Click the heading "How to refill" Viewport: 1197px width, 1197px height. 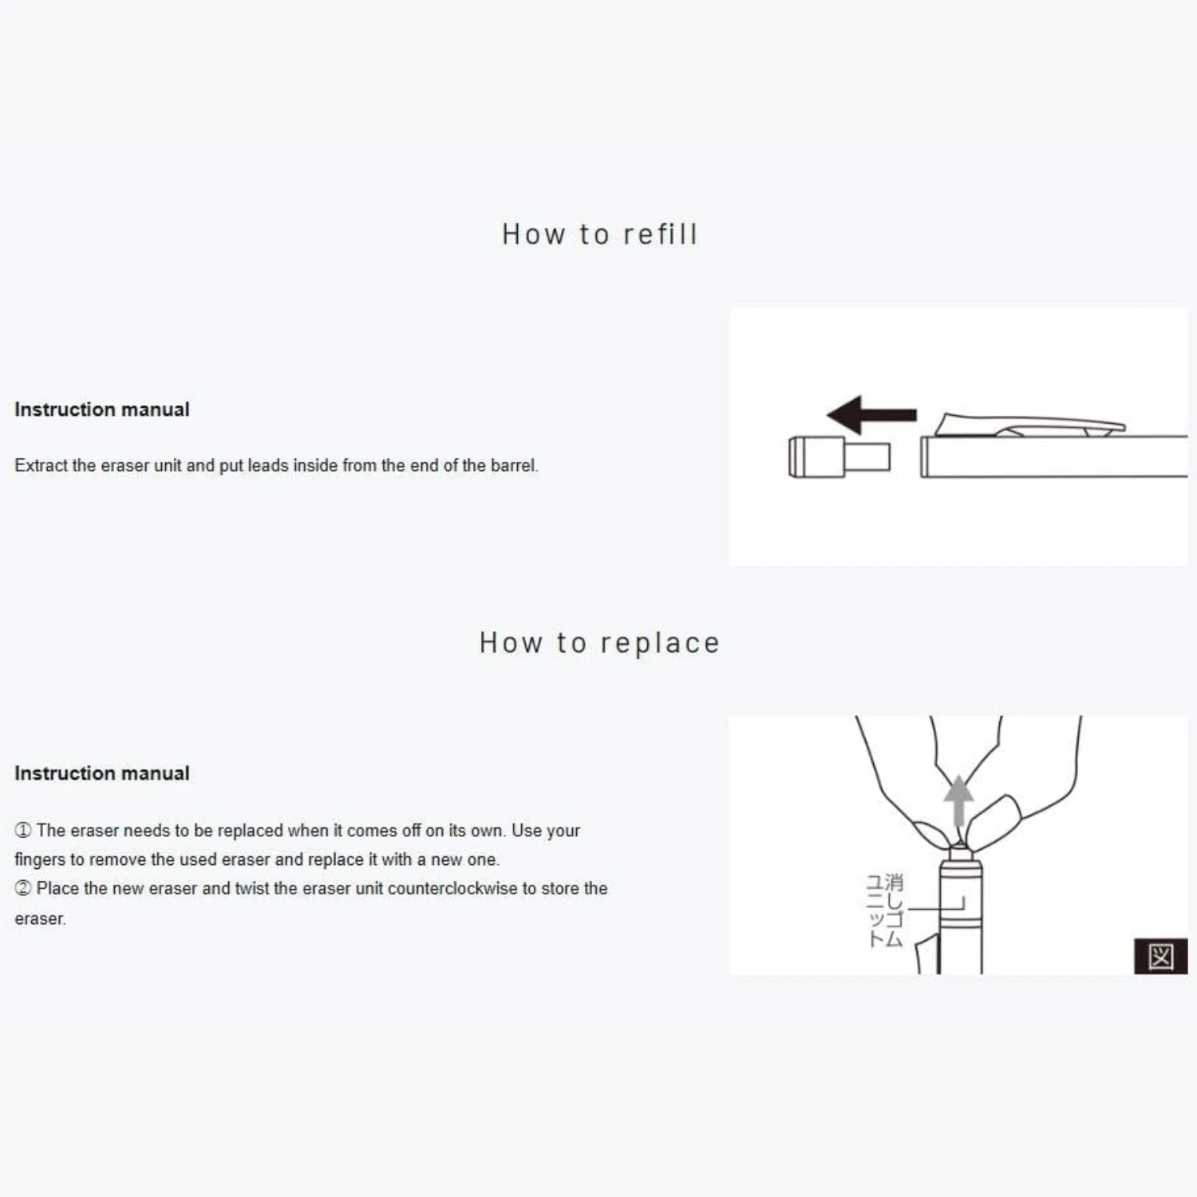coord(599,234)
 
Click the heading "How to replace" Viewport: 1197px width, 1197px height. coord(599,643)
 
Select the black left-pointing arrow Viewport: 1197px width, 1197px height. coord(871,414)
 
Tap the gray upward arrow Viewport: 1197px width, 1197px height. coord(958,801)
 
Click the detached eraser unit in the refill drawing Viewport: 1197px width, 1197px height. coord(839,457)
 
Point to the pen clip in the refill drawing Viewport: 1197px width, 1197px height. coord(1029,425)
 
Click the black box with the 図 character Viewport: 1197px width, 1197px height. coord(1160,956)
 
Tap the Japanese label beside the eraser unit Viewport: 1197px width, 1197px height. coord(885,911)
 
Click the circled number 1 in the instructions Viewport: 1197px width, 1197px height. coord(23,831)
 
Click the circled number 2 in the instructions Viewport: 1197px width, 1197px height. coord(23,888)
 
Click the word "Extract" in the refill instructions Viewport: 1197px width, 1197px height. coord(41,465)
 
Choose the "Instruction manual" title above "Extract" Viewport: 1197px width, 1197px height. coord(102,409)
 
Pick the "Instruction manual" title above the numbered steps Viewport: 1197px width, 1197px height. coord(102,773)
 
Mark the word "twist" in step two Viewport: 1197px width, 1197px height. coord(252,888)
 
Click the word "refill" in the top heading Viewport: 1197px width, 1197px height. coord(660,234)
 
